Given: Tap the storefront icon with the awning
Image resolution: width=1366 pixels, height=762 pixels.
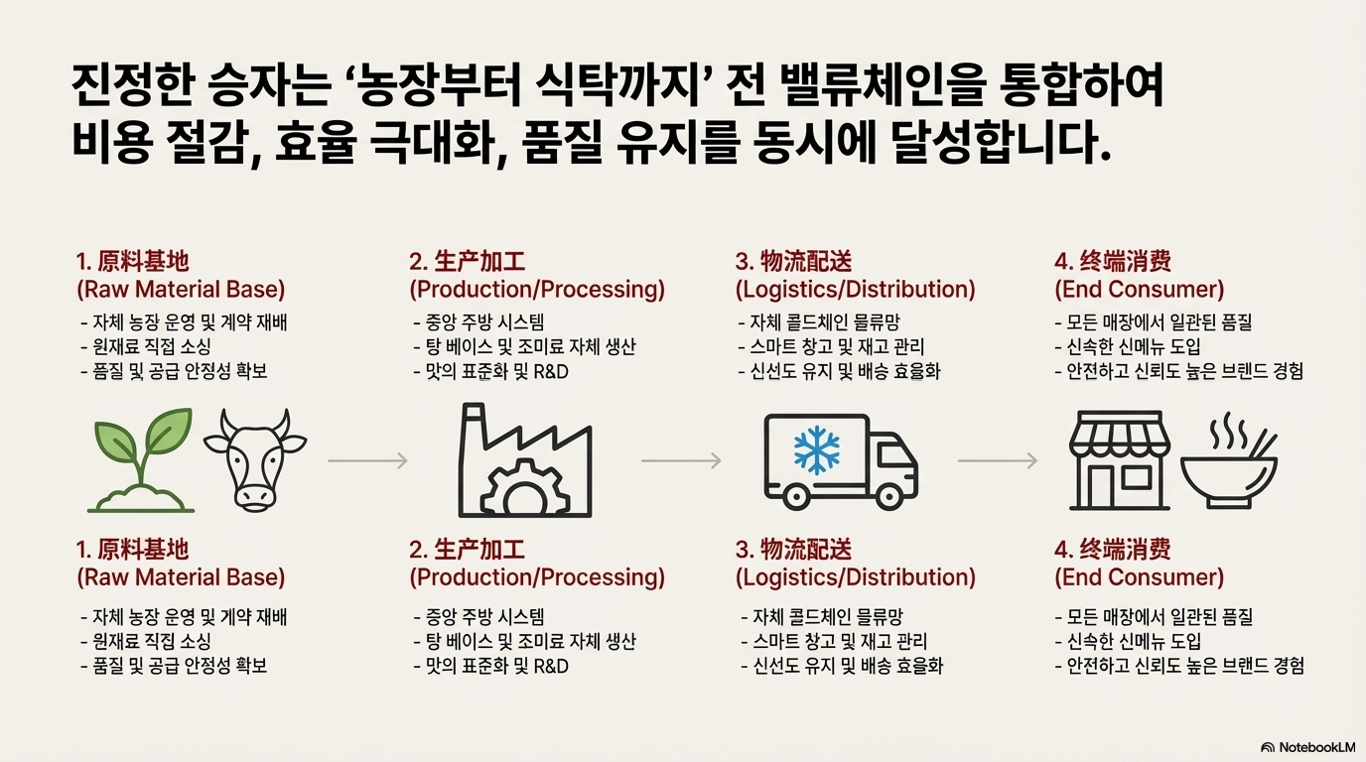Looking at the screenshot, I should point(1119,462).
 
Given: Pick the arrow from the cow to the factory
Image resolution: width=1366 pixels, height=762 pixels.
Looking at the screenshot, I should point(367,460).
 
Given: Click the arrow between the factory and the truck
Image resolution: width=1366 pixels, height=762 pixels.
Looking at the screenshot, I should point(681,460).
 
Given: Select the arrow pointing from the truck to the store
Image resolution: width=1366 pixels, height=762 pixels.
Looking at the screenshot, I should point(997,460).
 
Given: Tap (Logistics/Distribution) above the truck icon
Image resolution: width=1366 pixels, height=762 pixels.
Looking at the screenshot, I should point(855,290).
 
